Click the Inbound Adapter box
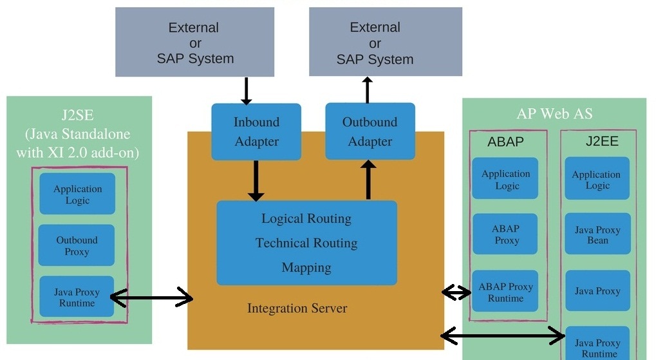256,131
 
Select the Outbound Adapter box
370,131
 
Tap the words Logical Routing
306,219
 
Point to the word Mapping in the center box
306,267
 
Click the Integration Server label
297,308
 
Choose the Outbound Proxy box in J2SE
77,245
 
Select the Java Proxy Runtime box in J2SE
77,297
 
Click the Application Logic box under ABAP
505,179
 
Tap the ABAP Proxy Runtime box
505,292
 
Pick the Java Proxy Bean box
597,234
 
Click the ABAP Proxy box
505,234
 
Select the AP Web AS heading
554,114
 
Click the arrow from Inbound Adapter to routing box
256,180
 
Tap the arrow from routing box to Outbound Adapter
369,180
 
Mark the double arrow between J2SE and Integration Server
151,297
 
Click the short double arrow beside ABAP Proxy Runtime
456,293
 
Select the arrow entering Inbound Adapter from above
246,90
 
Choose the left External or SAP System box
194,43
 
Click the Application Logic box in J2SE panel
77,194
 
